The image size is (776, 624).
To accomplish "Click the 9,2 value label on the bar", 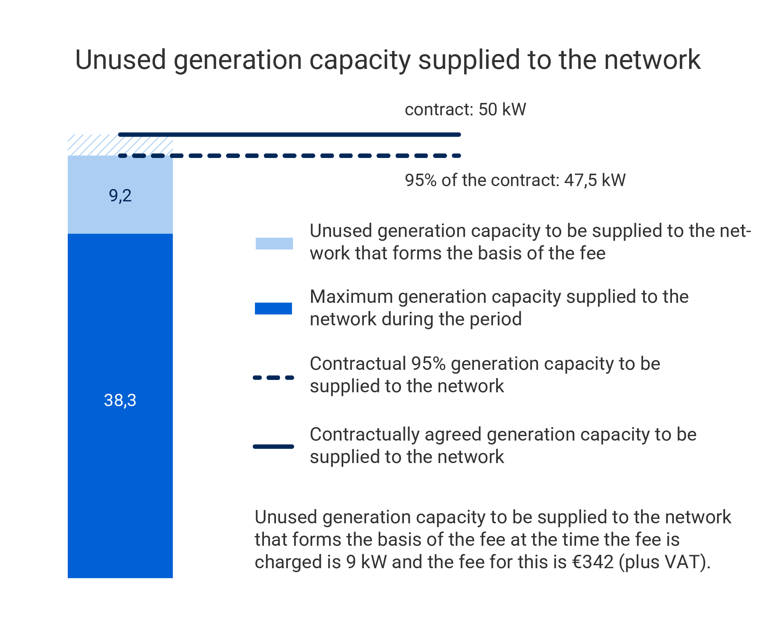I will pyautogui.click(x=120, y=195).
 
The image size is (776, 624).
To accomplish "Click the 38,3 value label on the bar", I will pyautogui.click(x=120, y=400).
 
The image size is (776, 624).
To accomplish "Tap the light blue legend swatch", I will pyautogui.click(x=274, y=243).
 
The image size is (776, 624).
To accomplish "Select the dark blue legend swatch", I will pyautogui.click(x=273, y=308).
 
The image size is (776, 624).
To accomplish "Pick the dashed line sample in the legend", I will pyautogui.click(x=273, y=378).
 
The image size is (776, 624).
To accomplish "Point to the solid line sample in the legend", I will pyautogui.click(x=273, y=446).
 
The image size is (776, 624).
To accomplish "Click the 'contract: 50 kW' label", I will pyautogui.click(x=465, y=110).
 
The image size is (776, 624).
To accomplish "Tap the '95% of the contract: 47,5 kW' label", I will pyautogui.click(x=515, y=180).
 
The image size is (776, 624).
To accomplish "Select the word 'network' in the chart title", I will pyautogui.click(x=652, y=60).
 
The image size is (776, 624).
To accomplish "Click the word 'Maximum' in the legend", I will pyautogui.click(x=351, y=297).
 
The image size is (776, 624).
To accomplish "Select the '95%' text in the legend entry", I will pyautogui.click(x=428, y=364).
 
